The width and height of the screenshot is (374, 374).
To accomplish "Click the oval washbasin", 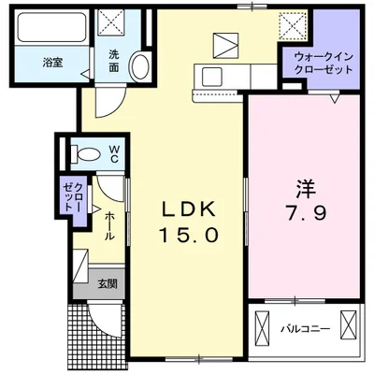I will pyautogui.click(x=138, y=66).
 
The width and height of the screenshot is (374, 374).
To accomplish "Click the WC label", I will pyautogui.click(x=113, y=152).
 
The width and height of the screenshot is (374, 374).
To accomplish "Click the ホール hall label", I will pyautogui.click(x=109, y=224).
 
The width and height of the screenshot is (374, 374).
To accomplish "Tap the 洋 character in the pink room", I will pyautogui.click(x=304, y=183).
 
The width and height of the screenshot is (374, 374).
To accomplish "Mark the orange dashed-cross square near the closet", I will pyautogui.click(x=295, y=22).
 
